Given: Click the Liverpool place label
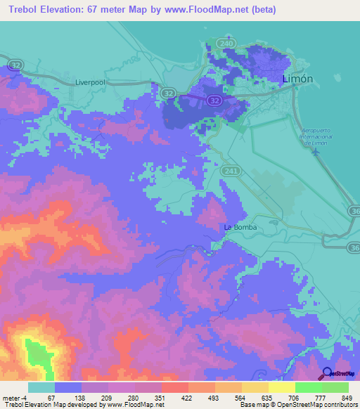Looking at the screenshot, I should pos(90,82).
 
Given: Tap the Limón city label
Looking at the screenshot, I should pos(297,79).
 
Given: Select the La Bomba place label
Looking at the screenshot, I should pos(240,228).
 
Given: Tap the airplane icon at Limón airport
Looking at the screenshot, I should pos(316,150).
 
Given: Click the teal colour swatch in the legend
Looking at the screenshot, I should pos(41,387).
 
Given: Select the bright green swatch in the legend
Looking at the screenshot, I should pos(308,387).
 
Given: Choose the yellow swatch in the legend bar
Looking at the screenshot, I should pos(281,387).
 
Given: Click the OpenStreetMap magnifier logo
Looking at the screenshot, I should pos(326,374).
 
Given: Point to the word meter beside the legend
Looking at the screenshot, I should pos(11,397).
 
